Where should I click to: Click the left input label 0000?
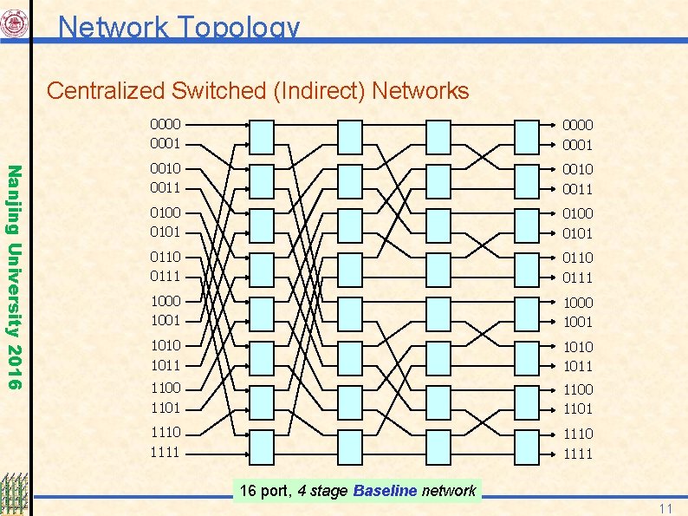pos(166,124)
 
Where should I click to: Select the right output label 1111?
pos(578,454)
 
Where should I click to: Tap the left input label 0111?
pos(166,276)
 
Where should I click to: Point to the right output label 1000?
pos(578,302)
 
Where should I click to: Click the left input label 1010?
pos(166,345)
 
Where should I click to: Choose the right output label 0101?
pos(578,233)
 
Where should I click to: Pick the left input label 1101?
pos(166,408)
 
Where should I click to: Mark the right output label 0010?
pos(578,168)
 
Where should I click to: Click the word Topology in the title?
pos(239,28)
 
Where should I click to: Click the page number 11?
pos(665,507)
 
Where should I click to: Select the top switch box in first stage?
pos(262,135)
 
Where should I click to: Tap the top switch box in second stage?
pos(349,135)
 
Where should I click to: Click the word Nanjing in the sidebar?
pos(14,199)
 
